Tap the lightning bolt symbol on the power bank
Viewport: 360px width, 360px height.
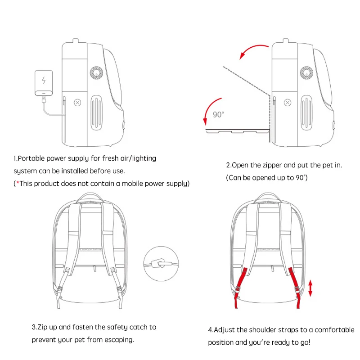(44, 81)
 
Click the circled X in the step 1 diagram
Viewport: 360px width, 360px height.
(77, 103)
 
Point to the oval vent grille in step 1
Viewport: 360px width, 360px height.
(98, 112)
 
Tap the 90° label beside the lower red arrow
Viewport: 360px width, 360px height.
(218, 115)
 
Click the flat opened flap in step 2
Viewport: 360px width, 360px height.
(236, 131)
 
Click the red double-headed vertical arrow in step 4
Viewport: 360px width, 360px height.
(310, 288)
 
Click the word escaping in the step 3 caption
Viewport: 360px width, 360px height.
(118, 340)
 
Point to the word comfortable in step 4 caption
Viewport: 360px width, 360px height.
(331, 330)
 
